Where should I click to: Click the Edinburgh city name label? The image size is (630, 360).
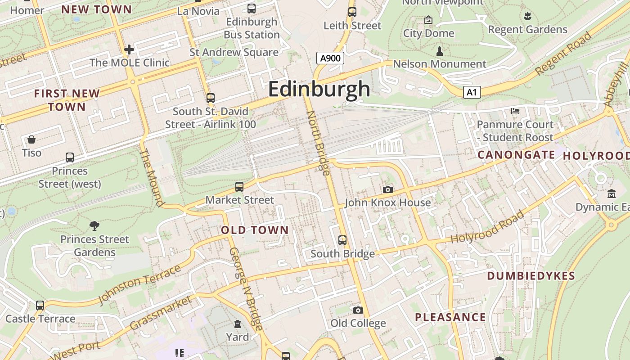coord(319,89)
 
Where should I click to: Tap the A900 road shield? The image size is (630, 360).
coord(330,58)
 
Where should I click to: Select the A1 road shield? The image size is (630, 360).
coord(472,92)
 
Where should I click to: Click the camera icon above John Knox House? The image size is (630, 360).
coord(387,190)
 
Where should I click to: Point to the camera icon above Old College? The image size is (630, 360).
coord(358,310)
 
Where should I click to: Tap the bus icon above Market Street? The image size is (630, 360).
coord(239,186)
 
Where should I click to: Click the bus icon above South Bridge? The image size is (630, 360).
coord(342,240)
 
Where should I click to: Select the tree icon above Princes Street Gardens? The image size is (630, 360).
coord(94,225)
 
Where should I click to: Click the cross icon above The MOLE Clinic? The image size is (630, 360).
coord(129,49)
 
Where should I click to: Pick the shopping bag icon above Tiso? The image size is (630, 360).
coord(31,139)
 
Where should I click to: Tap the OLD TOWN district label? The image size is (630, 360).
coord(255,230)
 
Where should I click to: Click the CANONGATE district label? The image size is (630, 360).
coord(516,155)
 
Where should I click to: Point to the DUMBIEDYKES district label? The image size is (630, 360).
coord(531,276)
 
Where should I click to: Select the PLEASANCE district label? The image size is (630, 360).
coord(450,317)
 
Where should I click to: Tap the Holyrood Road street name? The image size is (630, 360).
coord(488,227)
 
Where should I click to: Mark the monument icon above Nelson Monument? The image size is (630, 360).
coord(440,51)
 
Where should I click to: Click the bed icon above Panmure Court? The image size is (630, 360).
coord(515,111)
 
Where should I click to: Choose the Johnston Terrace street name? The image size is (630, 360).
coord(139,284)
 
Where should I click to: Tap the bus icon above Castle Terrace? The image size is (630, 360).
coord(40,306)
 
